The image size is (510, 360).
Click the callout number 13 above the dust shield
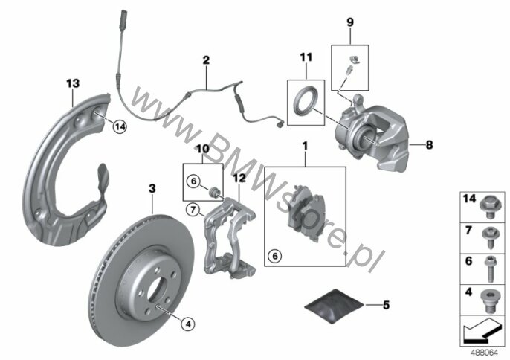pos(73,83)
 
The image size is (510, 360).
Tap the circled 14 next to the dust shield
pos(120,126)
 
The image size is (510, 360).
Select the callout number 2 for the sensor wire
pos(206,60)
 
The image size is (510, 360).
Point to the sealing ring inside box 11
pos(306,99)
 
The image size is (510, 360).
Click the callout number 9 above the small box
pos(350,22)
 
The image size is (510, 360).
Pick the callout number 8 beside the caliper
pos(430,144)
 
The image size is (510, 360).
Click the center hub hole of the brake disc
pos(155,289)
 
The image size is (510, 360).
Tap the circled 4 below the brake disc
pos(188,324)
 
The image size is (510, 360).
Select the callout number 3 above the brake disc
pos(152,188)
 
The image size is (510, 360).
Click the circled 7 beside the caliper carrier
pos(193,210)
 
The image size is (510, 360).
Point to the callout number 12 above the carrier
pos(239,179)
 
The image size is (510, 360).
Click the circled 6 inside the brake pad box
pos(275,256)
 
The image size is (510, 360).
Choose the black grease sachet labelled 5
pos(334,306)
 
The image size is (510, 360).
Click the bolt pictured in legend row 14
pos(488,207)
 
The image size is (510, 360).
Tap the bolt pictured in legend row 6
pos(490,269)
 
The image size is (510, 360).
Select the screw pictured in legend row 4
pos(488,300)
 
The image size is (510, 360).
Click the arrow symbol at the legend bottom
pos(482,330)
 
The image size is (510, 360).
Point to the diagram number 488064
pos(485,353)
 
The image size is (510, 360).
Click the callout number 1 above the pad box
pos(305,146)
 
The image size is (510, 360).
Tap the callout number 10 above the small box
pos(203,149)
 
